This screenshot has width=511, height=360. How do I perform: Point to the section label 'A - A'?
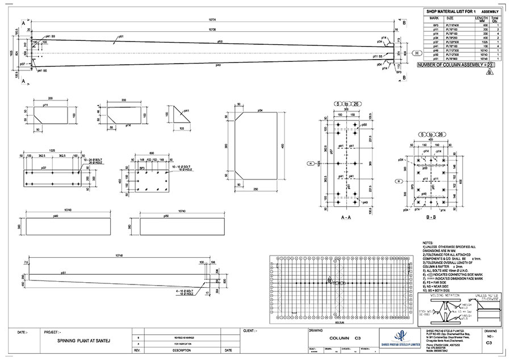coord(346,217)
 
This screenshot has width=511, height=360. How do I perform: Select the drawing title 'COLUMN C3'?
coord(346,338)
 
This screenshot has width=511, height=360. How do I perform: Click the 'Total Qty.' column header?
coord(495,19)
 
